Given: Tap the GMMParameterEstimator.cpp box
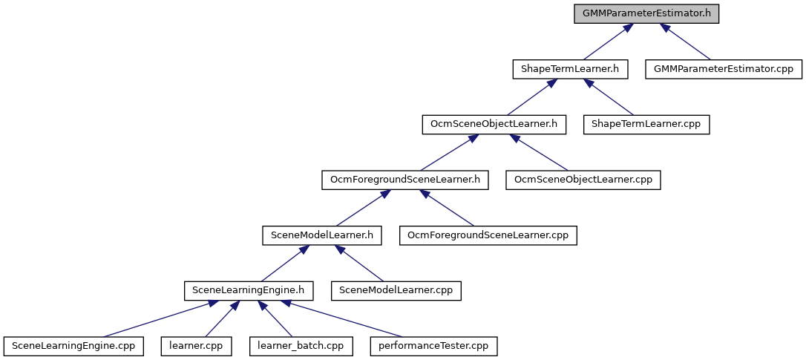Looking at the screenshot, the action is pyautogui.click(x=724, y=69).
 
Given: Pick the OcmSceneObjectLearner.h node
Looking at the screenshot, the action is pyautogui.click(x=494, y=125).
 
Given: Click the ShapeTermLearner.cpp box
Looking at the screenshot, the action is pyautogui.click(x=646, y=125).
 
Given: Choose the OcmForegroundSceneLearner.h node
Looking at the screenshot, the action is pyautogui.click(x=404, y=180).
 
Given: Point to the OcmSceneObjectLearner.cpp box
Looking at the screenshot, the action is pyautogui.click(x=583, y=180).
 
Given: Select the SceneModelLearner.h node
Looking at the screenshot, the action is pyautogui.click(x=322, y=235).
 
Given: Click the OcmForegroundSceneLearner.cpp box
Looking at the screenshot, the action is pyautogui.click(x=488, y=235).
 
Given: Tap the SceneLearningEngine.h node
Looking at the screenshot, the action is pyautogui.click(x=249, y=291).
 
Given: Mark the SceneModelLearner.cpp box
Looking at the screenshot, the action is pyautogui.click(x=396, y=291).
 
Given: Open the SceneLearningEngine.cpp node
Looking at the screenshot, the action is pyautogui.click(x=73, y=346).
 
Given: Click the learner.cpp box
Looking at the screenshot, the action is pyautogui.click(x=197, y=346).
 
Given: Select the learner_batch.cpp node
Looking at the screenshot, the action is pyautogui.click(x=301, y=346).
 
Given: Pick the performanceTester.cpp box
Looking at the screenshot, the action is pyautogui.click(x=434, y=346).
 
